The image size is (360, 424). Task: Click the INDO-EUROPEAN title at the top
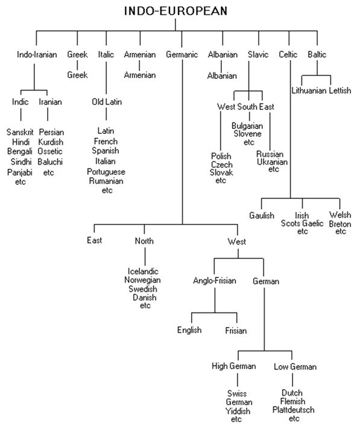pos(177,11)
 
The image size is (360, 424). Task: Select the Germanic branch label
pos(182,55)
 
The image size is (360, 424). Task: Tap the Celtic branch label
pos(289,55)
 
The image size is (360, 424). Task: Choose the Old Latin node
pos(107,101)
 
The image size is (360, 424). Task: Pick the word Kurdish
pos(51,142)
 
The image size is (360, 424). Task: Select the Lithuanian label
pos(308,90)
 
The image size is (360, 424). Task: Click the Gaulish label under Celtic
pos(261,215)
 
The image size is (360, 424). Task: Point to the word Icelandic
pos(145,271)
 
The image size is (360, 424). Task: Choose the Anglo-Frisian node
pos(215,281)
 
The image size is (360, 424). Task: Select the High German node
pos(234,366)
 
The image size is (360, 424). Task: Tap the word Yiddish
pos(238,411)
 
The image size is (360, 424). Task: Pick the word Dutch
pos(292,393)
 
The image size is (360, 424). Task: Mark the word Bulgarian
pos(248,125)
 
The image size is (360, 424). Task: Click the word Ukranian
pos(272,162)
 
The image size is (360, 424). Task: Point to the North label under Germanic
pos(144,241)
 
